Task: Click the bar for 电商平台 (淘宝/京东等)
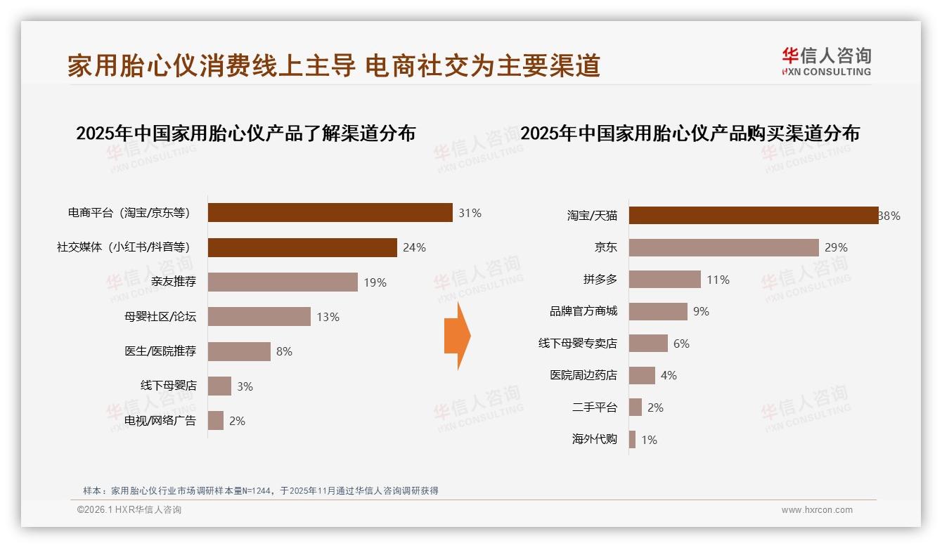(330, 213)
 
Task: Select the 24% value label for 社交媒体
(414, 247)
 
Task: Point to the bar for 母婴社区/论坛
(259, 317)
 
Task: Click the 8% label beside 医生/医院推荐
(284, 351)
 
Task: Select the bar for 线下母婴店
(219, 386)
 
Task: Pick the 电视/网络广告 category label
(160, 421)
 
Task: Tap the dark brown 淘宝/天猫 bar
(753, 216)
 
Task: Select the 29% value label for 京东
(837, 247)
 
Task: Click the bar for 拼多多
(664, 280)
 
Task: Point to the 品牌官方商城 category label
(583, 311)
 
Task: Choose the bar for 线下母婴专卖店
(648, 344)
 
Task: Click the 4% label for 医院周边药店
(669, 376)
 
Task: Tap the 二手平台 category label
(595, 407)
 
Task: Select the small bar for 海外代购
(632, 440)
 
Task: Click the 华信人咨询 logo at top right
(826, 61)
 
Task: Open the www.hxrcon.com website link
(817, 510)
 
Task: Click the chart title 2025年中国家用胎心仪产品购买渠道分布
(690, 133)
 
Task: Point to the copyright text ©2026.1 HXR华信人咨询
(129, 510)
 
